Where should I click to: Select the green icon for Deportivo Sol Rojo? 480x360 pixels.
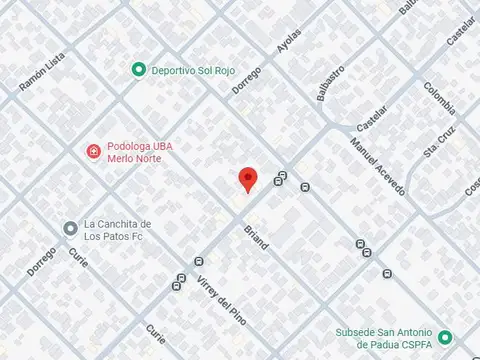[x=139, y=69]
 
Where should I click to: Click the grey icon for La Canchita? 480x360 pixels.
[x=70, y=228]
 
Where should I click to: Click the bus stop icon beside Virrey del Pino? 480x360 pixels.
[x=177, y=283]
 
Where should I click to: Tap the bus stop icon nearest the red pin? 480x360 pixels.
[x=281, y=179]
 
